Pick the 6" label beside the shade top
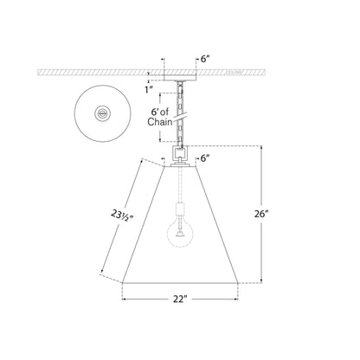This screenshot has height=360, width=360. click(x=206, y=158)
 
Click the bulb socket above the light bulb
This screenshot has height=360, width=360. click(x=180, y=211)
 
